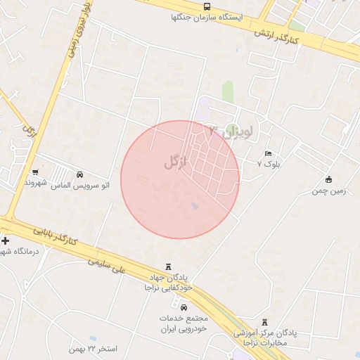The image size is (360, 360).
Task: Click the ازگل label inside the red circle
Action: click(176, 162)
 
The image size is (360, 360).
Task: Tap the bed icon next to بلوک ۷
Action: click(268, 153)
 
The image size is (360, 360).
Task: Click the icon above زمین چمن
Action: click(328, 179)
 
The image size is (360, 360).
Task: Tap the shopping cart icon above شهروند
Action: click(35, 172)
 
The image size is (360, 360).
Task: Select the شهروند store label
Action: click(35, 183)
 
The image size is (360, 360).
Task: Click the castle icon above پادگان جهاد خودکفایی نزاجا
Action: click(167, 266)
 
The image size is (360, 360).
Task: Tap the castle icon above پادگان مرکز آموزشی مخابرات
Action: click(264, 321)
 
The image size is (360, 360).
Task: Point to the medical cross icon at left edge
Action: click(6, 240)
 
